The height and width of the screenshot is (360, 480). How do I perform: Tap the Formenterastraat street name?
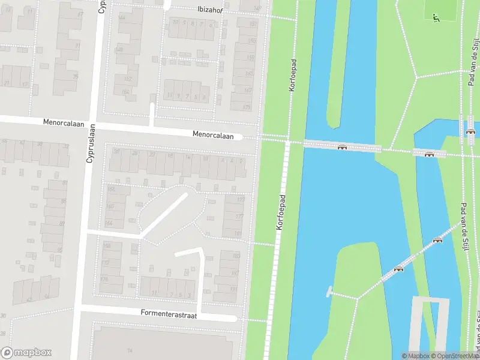coord(169,313)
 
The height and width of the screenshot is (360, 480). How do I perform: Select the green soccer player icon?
coord(436,17)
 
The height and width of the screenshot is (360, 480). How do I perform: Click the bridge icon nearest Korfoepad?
coord(342,147)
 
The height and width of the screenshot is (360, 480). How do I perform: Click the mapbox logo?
coord(26,353)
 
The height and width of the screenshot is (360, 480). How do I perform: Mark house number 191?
coord(234,289)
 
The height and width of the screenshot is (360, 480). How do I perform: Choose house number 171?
coord(247,107)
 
